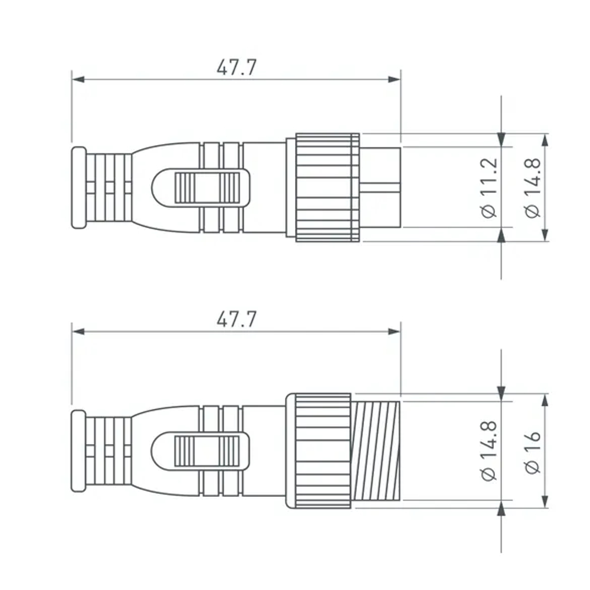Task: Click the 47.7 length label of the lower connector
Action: tap(236, 320)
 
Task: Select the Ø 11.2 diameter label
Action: tap(490, 188)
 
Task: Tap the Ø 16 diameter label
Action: tap(532, 451)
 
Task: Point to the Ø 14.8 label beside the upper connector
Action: tap(532, 188)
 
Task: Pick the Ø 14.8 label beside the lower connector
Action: tap(490, 451)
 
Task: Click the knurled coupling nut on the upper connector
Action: tap(327, 188)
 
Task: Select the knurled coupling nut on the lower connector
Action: tap(322, 451)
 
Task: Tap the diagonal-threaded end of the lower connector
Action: tap(376, 451)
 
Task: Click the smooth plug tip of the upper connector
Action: tap(381, 188)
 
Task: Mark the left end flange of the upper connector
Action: tap(78, 188)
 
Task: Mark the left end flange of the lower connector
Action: tap(78, 451)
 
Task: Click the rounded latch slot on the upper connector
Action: tap(201, 188)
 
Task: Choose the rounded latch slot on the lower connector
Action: tap(201, 451)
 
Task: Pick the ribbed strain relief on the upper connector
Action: tap(109, 188)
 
